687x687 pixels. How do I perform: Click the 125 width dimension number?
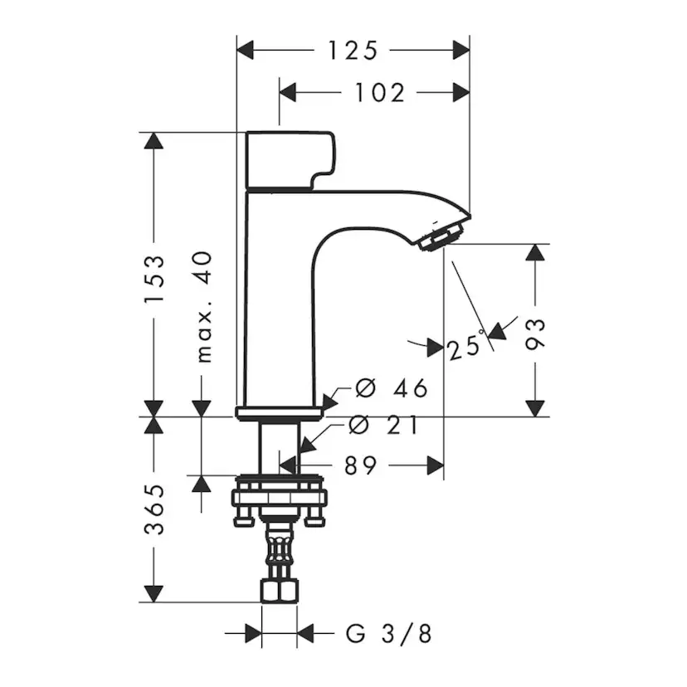352,51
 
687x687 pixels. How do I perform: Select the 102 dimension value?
380,92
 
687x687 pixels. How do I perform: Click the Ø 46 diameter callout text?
391,387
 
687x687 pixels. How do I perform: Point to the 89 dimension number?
359,465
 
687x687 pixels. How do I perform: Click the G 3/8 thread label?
388,635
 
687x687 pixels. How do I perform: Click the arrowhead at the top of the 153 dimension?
152,141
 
